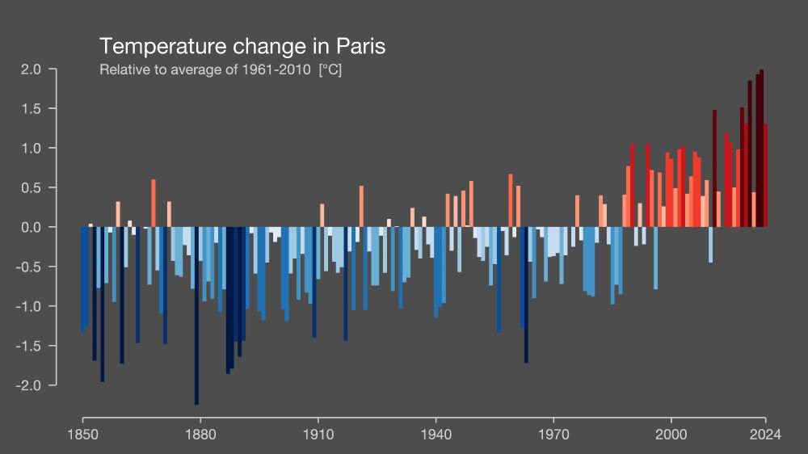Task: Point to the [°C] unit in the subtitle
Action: (330, 69)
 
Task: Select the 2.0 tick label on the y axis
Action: (32, 69)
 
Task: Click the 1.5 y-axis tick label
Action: (32, 109)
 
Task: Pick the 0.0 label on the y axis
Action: (32, 228)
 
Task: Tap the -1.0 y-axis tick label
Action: (29, 307)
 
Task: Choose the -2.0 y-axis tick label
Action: (29, 386)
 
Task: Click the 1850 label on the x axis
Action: (82, 434)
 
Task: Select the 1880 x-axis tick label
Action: (200, 434)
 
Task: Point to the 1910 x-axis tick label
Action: (318, 434)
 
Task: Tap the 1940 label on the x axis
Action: (436, 434)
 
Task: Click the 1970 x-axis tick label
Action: (553, 434)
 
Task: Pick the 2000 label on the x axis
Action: (671, 434)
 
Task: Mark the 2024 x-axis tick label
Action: (765, 434)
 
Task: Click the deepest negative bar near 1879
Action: (196, 315)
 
